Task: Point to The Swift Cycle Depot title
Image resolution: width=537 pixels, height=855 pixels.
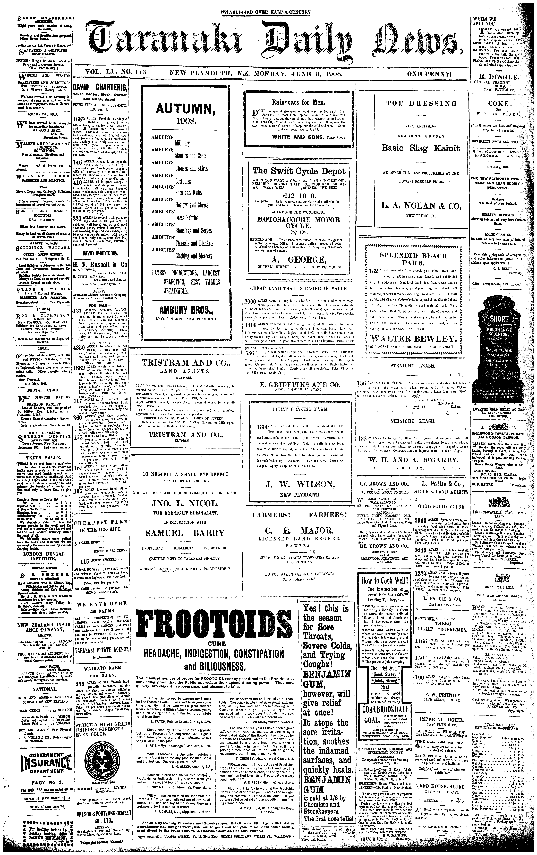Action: tap(299, 171)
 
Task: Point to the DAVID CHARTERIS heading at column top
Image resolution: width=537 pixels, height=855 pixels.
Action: tap(100, 88)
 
